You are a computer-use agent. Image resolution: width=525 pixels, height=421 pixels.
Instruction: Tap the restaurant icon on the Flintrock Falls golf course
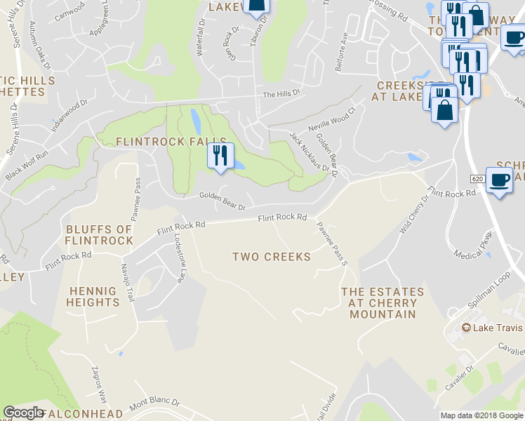(x=220, y=156)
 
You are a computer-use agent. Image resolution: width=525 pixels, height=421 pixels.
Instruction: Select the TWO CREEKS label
(x=272, y=257)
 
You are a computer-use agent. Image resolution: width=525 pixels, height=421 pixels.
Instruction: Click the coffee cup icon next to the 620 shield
(x=499, y=180)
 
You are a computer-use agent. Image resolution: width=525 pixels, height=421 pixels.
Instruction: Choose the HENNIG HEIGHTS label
(x=93, y=296)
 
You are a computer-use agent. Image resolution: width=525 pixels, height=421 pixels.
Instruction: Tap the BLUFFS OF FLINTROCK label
(x=99, y=235)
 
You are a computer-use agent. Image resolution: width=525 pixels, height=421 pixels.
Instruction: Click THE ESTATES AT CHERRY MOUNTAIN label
(x=383, y=303)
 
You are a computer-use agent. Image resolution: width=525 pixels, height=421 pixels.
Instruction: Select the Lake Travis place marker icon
(x=465, y=328)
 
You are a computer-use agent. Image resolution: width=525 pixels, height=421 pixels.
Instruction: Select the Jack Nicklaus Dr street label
(x=310, y=152)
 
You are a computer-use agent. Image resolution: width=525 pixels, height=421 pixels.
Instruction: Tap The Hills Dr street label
(x=281, y=93)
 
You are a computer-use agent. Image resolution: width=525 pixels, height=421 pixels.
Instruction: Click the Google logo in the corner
(x=24, y=413)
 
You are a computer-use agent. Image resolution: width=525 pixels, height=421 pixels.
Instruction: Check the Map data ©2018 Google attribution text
(x=481, y=415)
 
